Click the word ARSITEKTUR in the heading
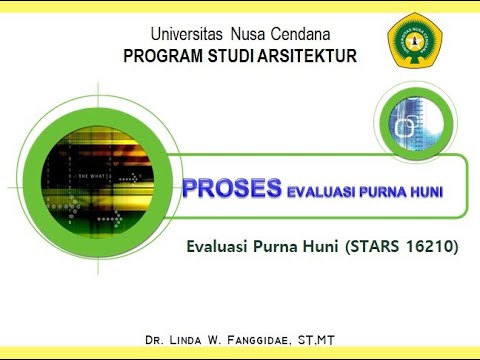point(307,56)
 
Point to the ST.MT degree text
point(313,342)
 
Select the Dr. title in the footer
point(154,342)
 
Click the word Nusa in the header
point(246,36)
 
